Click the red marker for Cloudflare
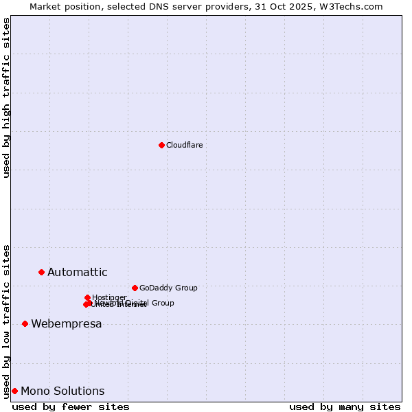click(x=161, y=145)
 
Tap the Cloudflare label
click(x=184, y=145)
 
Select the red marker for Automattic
click(x=41, y=273)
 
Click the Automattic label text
click(x=77, y=273)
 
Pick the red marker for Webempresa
click(x=25, y=323)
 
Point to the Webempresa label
click(x=66, y=324)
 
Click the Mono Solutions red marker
click(x=14, y=391)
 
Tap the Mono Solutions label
click(x=62, y=391)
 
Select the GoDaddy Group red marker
click(x=135, y=288)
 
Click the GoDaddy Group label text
click(x=168, y=288)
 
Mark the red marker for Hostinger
click(x=87, y=297)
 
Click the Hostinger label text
click(x=109, y=297)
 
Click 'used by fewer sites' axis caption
click(x=71, y=407)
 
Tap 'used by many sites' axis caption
click(x=345, y=407)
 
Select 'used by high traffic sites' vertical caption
click(x=7, y=98)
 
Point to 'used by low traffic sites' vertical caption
click(x=7, y=321)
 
